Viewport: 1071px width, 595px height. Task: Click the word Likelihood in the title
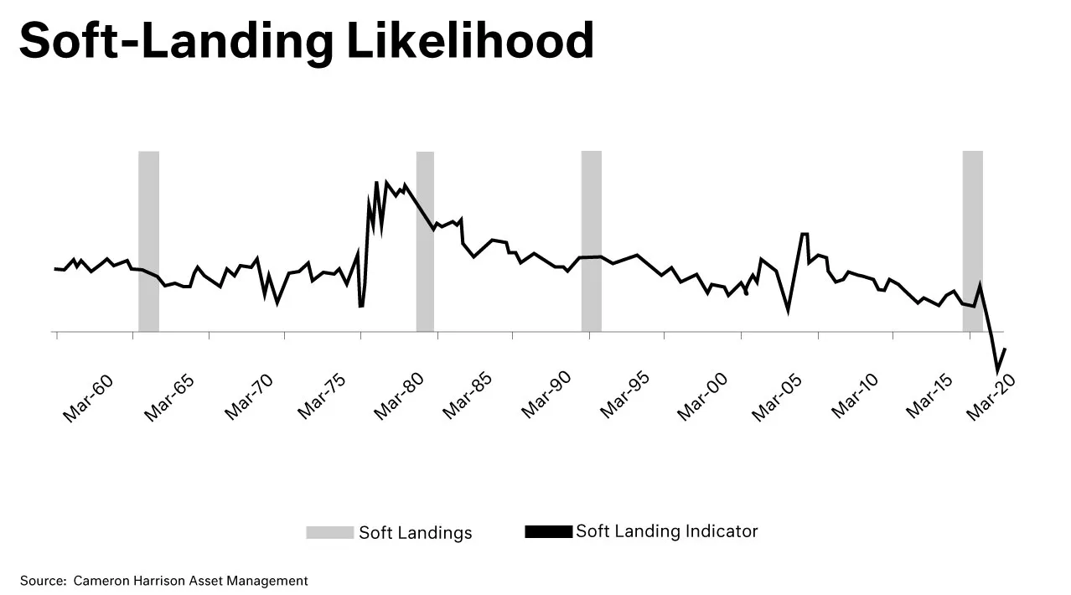coord(470,39)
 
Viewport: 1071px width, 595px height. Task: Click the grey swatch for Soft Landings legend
coord(329,532)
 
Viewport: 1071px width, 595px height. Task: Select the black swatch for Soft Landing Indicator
coord(548,531)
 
